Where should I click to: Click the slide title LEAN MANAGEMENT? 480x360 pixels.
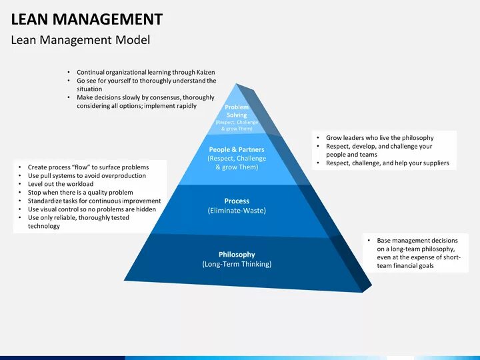point(87,19)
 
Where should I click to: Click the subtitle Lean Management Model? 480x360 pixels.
point(80,40)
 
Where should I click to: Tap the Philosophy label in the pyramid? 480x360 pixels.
point(237,255)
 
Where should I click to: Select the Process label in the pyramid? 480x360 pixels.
point(237,201)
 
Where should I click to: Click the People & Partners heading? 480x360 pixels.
point(237,150)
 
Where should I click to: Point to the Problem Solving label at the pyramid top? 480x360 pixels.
point(237,111)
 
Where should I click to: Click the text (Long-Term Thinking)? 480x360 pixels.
point(237,264)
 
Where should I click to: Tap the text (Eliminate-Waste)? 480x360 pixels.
point(237,211)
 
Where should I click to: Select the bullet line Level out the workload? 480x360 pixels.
point(61,183)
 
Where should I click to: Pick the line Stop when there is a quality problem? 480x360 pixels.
point(80,192)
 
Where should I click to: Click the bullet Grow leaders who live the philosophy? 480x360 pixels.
point(379,138)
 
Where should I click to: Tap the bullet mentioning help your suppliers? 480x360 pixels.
point(387,163)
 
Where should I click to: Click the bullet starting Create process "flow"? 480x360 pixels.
point(88,167)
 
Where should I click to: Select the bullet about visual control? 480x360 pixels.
point(92,209)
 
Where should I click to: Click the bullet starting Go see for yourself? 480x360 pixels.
point(146,81)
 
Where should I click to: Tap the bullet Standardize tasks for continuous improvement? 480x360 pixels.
point(94,201)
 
